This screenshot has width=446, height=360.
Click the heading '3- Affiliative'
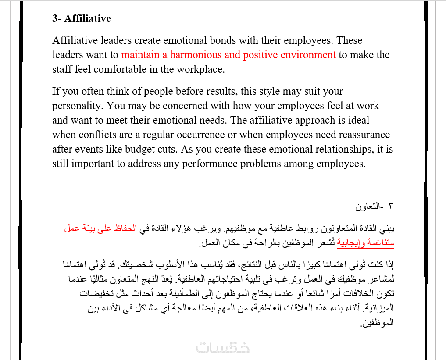(82, 18)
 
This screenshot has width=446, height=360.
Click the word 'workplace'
(200, 69)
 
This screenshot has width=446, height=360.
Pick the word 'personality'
(77, 106)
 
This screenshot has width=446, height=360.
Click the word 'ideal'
(358, 121)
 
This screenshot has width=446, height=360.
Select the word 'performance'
(232, 164)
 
